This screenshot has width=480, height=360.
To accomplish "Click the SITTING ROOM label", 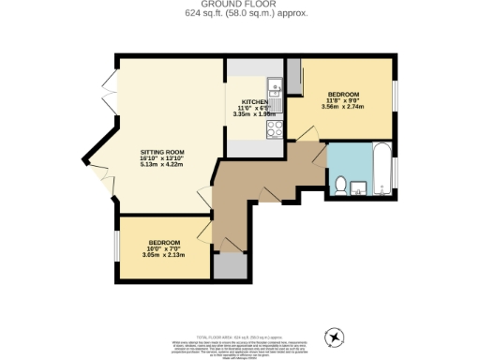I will coord(162,151).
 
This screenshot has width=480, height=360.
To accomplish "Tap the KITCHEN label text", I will coord(254,101).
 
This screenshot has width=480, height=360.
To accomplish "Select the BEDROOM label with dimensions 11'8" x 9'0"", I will coord(341,95).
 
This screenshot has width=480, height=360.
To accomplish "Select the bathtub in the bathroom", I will coord(382,170).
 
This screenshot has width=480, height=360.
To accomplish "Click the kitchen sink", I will coord(276,90).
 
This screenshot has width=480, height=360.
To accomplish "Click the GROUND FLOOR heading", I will coord(240,5).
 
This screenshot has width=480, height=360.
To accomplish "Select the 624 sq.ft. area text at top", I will coord(240,13).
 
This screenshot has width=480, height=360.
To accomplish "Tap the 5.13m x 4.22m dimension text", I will coord(162,165).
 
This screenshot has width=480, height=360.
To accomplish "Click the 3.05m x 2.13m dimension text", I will coord(162,254).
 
